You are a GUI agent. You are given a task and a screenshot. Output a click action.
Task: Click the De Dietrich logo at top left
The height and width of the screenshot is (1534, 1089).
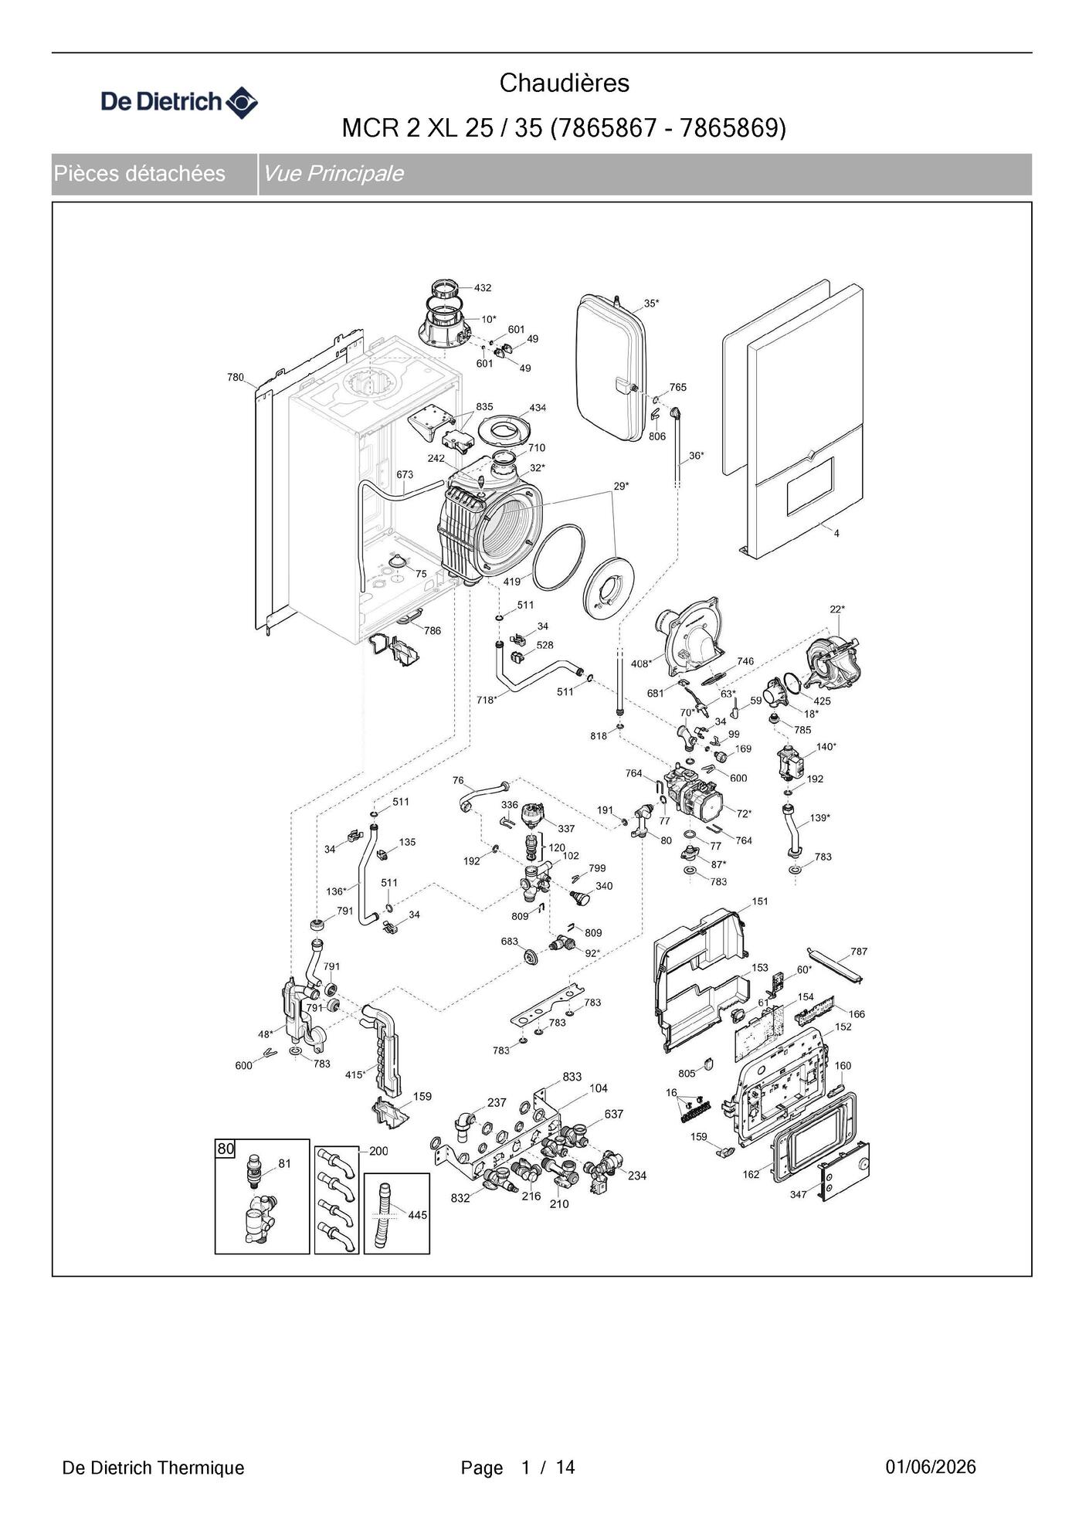[x=180, y=102]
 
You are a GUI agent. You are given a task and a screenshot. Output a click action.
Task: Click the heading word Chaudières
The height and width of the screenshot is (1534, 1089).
[x=565, y=83]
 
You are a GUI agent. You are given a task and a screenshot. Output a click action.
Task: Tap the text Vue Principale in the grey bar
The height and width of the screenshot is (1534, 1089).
[x=333, y=173]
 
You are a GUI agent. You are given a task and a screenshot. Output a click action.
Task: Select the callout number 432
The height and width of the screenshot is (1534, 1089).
[x=483, y=287]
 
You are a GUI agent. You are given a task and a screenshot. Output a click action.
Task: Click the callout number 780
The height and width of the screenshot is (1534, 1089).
[x=235, y=377]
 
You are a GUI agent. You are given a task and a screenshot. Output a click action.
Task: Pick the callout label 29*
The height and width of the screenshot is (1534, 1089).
[x=622, y=486]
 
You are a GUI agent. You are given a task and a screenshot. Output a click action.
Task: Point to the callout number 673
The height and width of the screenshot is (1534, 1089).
[x=405, y=474]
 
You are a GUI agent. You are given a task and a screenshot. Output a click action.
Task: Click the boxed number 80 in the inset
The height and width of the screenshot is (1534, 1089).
[x=225, y=1149]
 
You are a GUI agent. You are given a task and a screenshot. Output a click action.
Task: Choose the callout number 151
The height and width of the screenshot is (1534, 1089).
[x=760, y=901]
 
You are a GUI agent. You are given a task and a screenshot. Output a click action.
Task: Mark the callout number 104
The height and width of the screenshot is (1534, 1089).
[x=599, y=1088]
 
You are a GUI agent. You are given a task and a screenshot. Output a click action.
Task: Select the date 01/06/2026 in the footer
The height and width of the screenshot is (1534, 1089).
[x=931, y=1467]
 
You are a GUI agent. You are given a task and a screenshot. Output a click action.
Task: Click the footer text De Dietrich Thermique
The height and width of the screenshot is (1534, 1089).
[x=153, y=1468]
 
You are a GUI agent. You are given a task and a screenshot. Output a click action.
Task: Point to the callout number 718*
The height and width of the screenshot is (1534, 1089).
[x=487, y=700]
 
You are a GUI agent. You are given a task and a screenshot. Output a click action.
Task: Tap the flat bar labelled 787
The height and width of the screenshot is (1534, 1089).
[x=835, y=965]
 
